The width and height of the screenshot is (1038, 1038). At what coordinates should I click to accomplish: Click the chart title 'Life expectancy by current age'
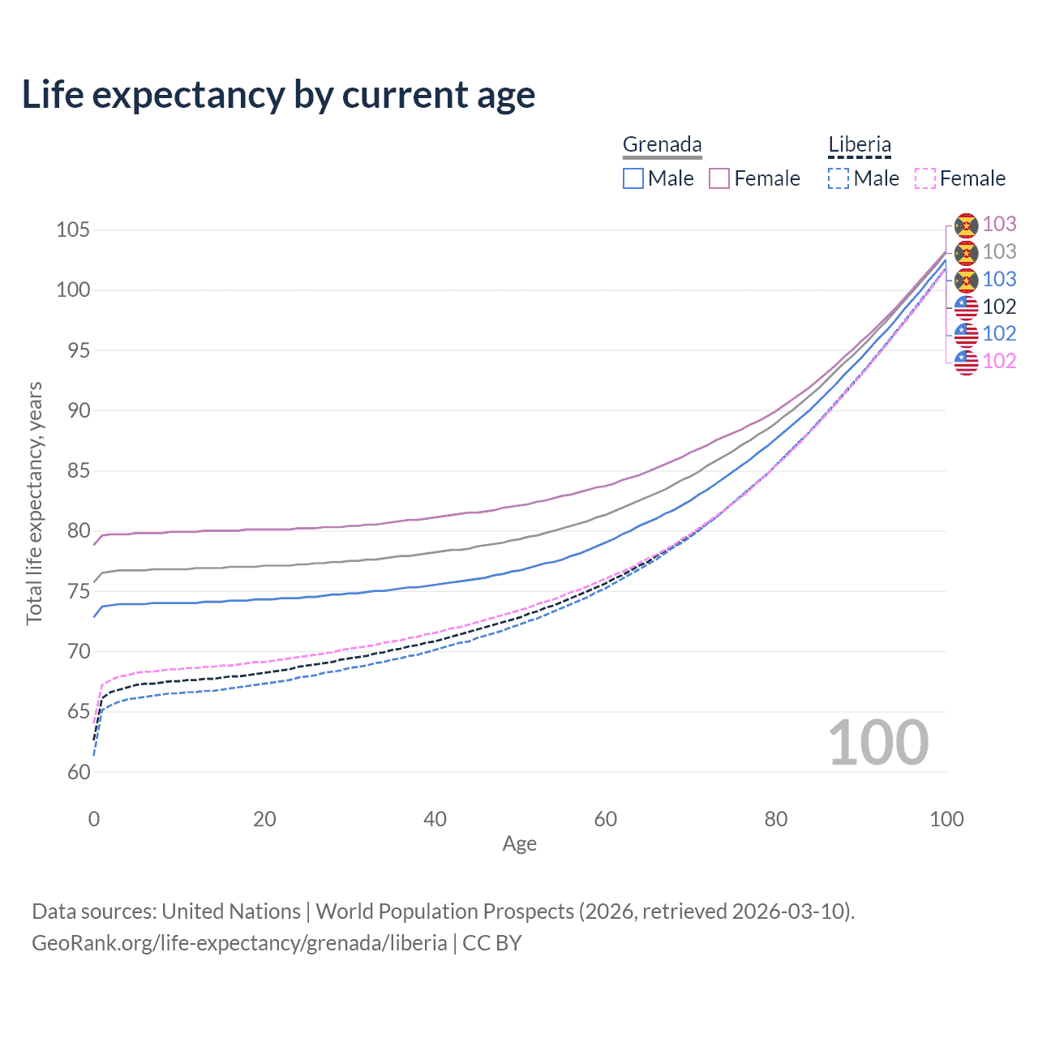coord(278,95)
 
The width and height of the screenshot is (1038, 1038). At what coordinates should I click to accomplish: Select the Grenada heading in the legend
coord(662,144)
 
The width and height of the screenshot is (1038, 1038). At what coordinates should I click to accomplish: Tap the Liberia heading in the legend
coord(859,144)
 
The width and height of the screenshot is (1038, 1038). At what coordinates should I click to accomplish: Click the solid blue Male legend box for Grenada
coord(633,178)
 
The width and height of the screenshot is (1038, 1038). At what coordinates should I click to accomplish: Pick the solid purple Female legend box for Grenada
coord(719,178)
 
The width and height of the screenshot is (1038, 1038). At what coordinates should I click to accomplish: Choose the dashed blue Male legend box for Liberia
coord(839,178)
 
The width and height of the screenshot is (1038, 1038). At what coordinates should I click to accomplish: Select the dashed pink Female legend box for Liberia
coord(925,178)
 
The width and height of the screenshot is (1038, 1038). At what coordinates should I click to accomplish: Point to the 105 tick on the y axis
coord(73,230)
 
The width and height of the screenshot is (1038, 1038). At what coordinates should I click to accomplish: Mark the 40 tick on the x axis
coord(435,819)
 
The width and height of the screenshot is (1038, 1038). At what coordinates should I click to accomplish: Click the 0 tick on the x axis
coord(94,819)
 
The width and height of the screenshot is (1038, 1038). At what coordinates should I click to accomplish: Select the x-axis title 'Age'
coord(519,844)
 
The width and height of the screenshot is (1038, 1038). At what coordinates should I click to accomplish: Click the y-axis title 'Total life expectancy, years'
coord(34,504)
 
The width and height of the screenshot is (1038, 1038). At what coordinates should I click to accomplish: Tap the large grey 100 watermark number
coord(877,743)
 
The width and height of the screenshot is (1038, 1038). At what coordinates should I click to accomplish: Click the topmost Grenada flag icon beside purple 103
coord(966,225)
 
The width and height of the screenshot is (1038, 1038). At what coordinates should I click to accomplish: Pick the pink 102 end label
coord(999,361)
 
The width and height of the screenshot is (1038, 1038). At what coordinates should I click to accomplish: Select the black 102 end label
coord(999,307)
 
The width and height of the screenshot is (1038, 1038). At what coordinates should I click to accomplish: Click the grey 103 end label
coord(999,252)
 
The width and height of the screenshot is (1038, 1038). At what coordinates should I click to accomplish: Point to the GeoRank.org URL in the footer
coord(239,943)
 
